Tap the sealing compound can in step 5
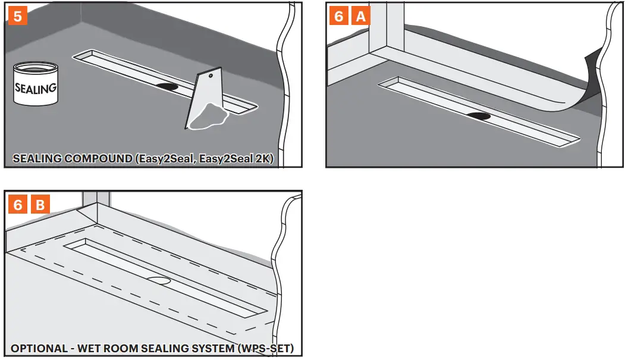point(35,86)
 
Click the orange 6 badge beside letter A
point(338,16)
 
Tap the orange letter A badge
point(360,16)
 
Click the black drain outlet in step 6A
point(479,115)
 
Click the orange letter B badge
point(40,205)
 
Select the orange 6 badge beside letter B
point(18,205)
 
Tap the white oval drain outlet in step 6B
point(159,278)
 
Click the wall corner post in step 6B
point(96,199)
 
